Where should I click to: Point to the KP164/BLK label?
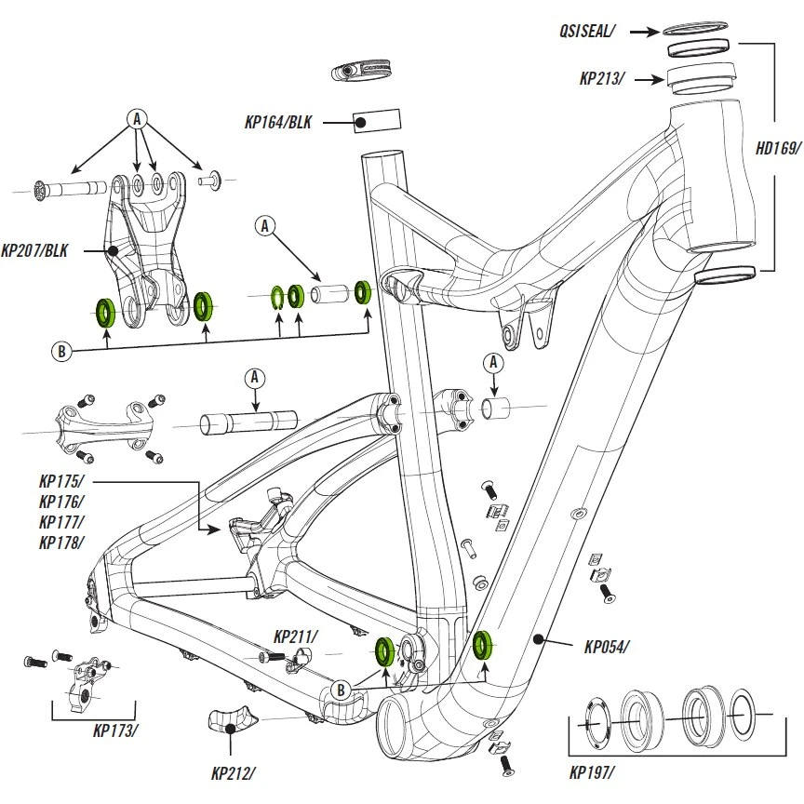coord(278,121)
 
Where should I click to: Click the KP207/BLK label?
coord(37,249)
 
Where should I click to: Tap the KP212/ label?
coord(232,771)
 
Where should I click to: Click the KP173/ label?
coord(115,730)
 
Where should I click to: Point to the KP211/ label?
coord(295,637)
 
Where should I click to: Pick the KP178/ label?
coord(61,543)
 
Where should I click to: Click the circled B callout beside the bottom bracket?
coord(342,690)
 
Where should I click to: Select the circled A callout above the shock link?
coord(138,119)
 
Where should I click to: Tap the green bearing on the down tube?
coord(483,645)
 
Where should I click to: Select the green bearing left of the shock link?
coord(106,310)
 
